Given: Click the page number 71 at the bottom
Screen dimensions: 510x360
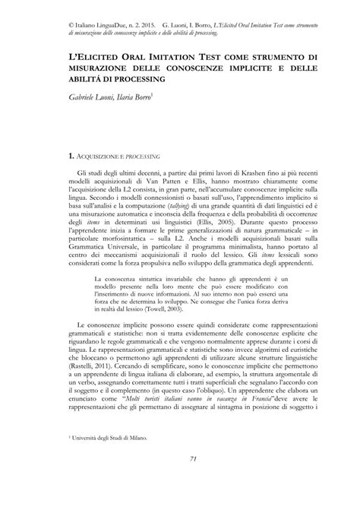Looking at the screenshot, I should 180,479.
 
